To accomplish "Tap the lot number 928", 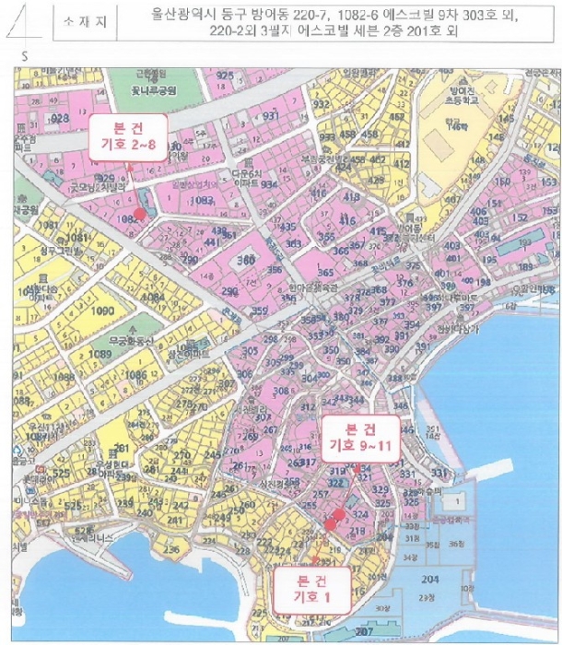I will click(x=61, y=119).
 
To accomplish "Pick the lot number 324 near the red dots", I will click(x=361, y=514).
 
